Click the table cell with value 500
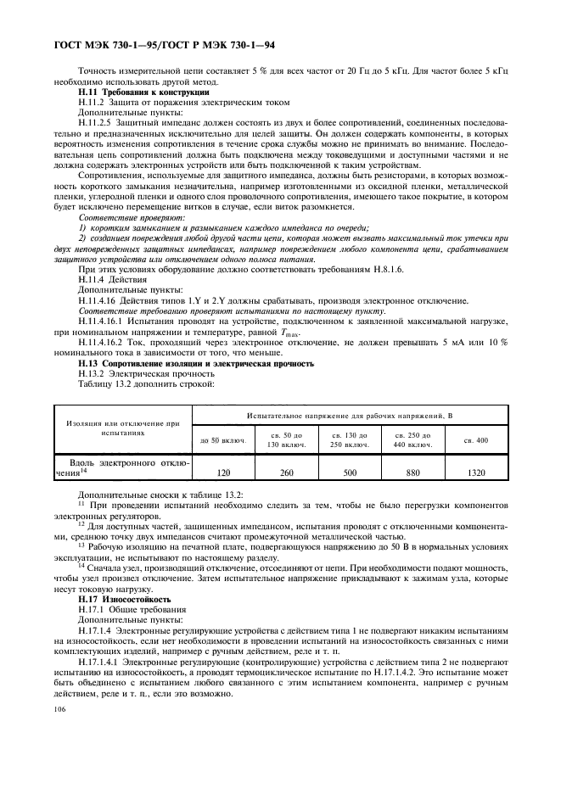[x=349, y=472]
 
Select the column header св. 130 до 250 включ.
[x=349, y=439]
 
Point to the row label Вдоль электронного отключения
[x=123, y=468]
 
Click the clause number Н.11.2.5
[x=98, y=121]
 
